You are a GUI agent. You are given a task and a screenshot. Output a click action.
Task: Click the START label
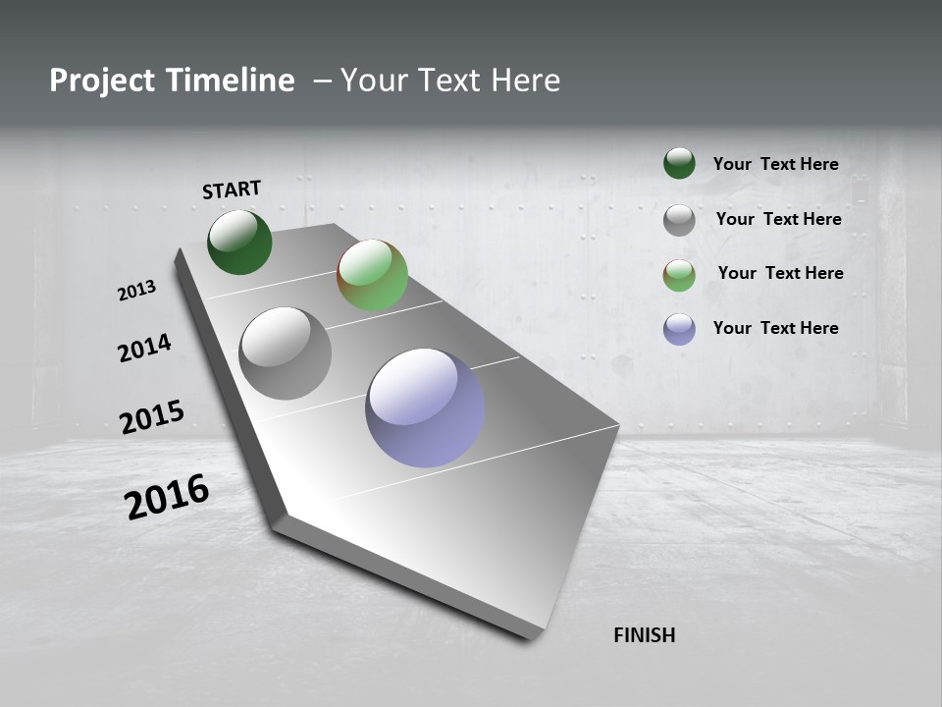click(232, 190)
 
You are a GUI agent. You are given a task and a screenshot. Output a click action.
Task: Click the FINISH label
click(644, 635)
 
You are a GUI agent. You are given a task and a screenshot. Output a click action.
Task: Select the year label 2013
click(136, 291)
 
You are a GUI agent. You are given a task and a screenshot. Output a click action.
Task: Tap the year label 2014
click(144, 348)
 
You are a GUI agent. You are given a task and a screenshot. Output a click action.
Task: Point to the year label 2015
click(152, 417)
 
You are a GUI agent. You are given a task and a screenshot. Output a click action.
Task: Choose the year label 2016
click(167, 497)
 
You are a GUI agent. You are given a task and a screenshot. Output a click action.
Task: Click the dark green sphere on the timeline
click(239, 242)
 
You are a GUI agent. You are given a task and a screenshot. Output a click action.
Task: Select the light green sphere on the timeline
click(372, 275)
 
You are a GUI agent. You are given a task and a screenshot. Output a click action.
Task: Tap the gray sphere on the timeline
click(286, 353)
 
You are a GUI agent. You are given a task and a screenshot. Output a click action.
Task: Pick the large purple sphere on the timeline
click(425, 408)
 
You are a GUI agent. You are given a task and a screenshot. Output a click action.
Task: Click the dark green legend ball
click(679, 164)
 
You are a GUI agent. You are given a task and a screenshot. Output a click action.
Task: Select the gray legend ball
click(679, 220)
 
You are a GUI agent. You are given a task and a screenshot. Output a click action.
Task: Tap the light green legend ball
click(679, 275)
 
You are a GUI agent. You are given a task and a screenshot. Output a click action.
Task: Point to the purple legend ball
click(679, 329)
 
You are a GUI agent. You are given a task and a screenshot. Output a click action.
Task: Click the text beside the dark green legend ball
click(775, 164)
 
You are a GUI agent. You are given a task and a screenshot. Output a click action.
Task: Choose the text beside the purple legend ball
click(775, 328)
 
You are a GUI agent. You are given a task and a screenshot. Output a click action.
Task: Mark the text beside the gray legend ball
click(778, 219)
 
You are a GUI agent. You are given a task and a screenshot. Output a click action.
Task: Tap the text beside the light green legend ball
click(780, 273)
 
